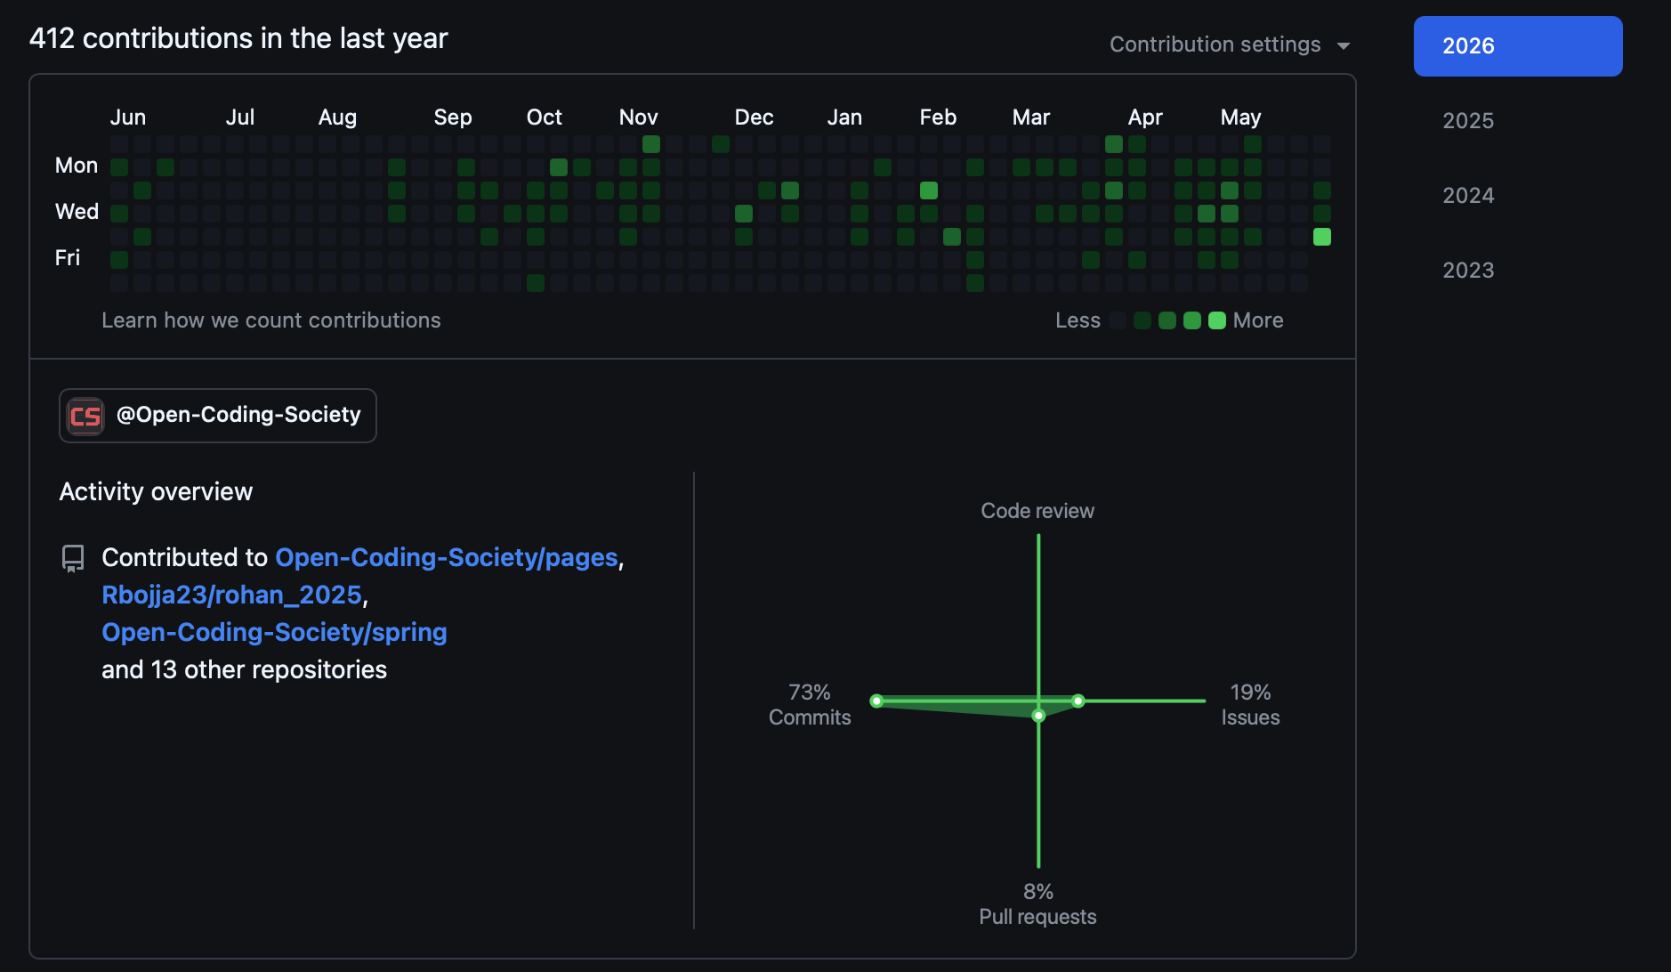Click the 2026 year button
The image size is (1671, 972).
pos(1518,46)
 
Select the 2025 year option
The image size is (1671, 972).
pos(1468,121)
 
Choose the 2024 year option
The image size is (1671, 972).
pos(1468,196)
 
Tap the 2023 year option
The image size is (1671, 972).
pos(1468,271)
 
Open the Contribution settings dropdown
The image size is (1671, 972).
pos(1230,45)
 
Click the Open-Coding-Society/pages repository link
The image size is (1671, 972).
pos(447,557)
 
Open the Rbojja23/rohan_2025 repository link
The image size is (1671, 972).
pos(232,595)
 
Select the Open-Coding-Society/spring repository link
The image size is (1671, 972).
pos(275,632)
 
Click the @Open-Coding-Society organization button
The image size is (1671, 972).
pos(218,416)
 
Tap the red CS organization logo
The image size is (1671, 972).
pos(85,416)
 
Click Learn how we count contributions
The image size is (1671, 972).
pos(271,320)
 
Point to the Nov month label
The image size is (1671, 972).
pos(639,117)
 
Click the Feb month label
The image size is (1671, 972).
pos(938,117)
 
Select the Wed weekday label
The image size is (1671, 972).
pos(77,212)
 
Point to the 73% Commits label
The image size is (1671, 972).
pos(810,705)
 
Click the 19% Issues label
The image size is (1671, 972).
pos(1250,705)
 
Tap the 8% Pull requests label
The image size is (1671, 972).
pos(1037,904)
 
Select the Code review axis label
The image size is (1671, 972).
pos(1037,511)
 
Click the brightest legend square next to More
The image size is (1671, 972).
pos(1217,320)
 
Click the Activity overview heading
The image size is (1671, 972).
pos(156,491)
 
